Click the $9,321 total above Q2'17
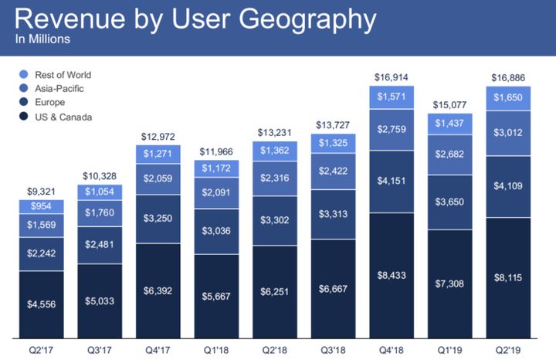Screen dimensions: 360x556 42,190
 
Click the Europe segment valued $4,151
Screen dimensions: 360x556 391,182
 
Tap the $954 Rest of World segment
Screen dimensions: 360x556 42,207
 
